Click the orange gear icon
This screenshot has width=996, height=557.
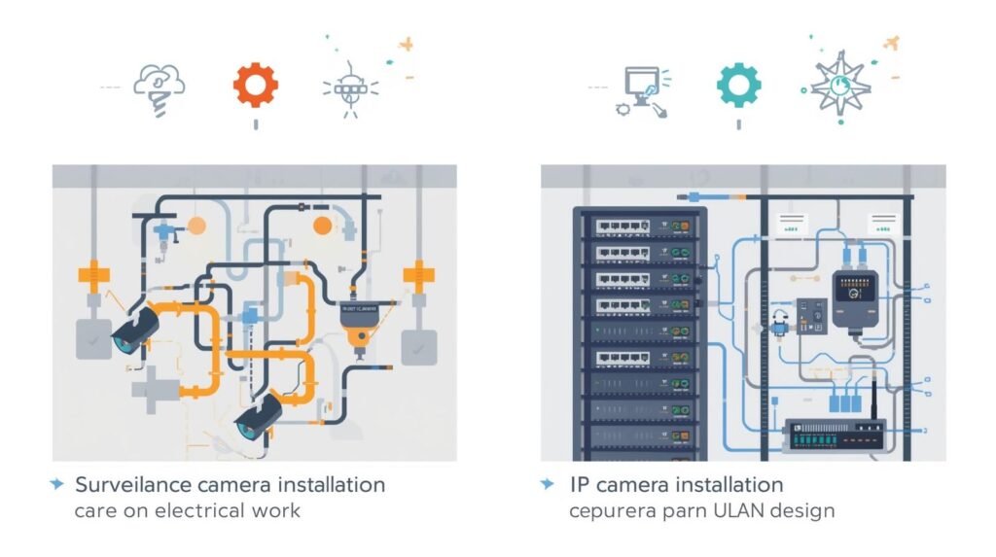click(x=255, y=85)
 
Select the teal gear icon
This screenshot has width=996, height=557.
click(x=738, y=85)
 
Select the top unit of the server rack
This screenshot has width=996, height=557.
click(x=636, y=226)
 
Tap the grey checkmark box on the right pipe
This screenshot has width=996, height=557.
click(x=419, y=345)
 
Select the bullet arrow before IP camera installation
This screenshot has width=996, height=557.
click(x=549, y=484)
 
